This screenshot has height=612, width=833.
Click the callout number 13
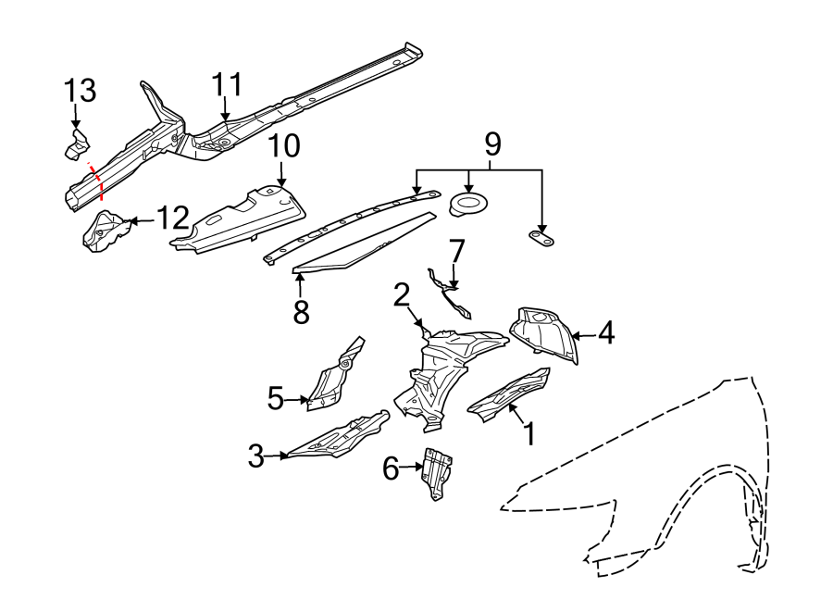tap(80, 91)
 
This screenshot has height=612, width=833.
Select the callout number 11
tap(226, 85)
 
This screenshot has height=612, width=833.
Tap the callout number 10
tap(284, 147)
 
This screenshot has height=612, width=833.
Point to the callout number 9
tap(492, 144)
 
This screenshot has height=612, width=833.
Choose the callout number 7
tap(455, 251)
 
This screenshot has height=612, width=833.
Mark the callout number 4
tap(604, 333)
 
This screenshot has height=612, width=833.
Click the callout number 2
tap(401, 295)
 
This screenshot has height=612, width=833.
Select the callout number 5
tap(275, 400)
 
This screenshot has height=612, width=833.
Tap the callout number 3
tap(256, 456)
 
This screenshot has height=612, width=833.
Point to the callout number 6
tap(391, 470)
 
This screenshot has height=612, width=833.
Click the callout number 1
tap(528, 433)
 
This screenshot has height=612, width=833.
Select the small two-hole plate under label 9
tap(541, 240)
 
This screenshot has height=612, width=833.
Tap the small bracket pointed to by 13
tap(75, 145)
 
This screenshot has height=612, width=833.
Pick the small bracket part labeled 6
tap(436, 472)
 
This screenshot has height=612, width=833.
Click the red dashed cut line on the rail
tap(98, 181)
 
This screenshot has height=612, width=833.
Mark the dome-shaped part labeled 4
tap(543, 331)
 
